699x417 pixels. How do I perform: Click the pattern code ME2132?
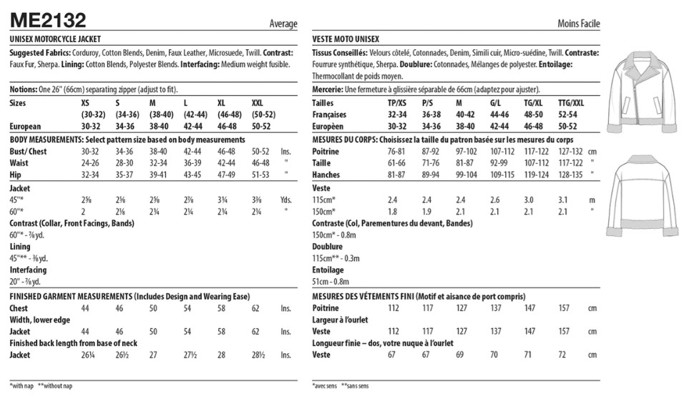point(48,19)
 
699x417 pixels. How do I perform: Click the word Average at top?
point(283,24)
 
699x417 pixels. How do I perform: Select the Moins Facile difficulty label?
point(578,24)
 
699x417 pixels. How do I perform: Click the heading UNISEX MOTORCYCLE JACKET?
point(56,39)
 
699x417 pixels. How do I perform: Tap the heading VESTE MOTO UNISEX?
point(346,39)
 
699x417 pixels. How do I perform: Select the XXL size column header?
point(263,103)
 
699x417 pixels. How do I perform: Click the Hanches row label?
point(326,175)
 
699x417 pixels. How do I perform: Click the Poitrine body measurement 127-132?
point(570,152)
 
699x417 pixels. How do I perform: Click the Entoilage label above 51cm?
point(328,270)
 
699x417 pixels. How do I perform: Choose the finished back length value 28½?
point(259,355)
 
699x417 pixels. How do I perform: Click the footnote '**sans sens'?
point(355,386)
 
